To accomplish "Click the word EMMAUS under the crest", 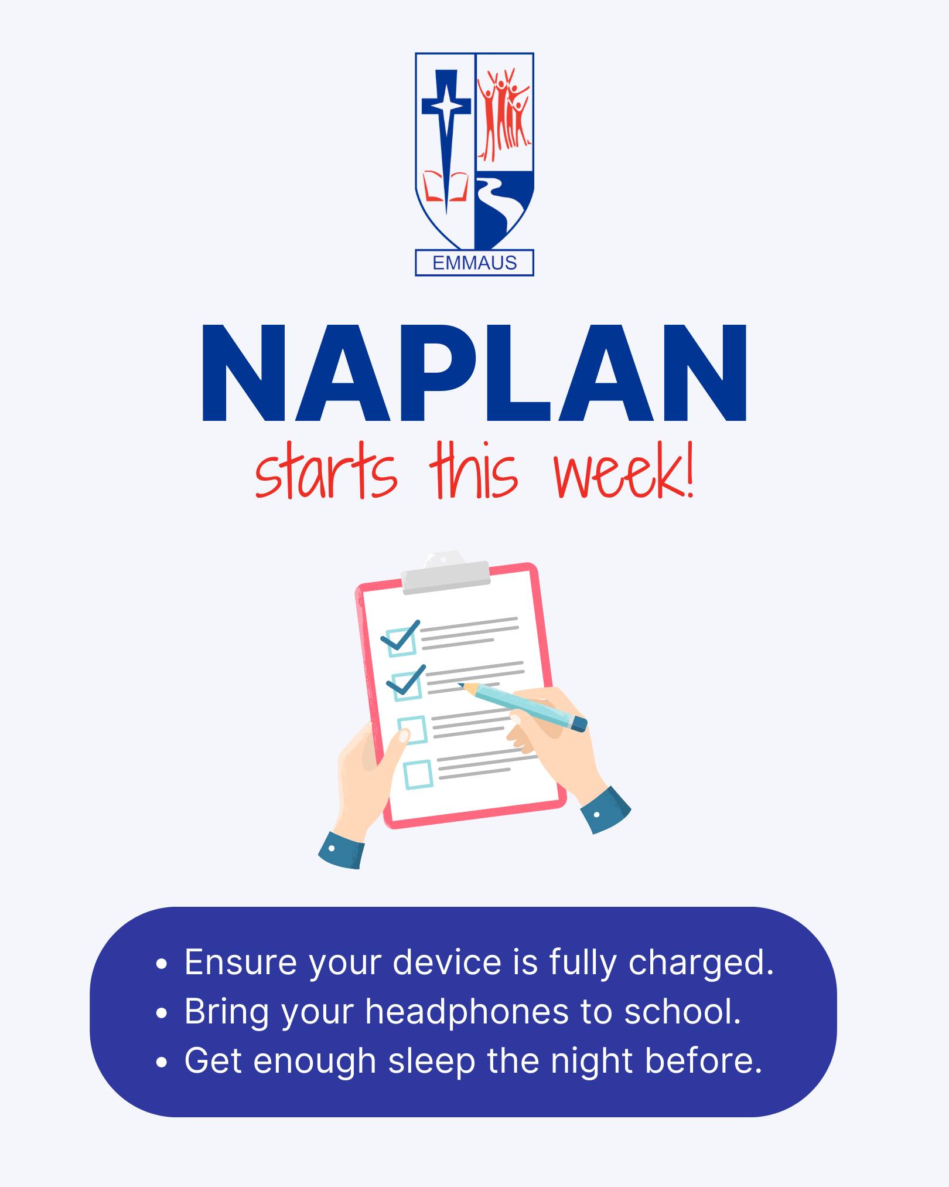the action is pos(474,263).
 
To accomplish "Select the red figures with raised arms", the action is pos(504,114).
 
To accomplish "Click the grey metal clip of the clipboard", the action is pos(445,573).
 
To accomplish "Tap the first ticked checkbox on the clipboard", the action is pos(401,640).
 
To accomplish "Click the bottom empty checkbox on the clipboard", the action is pos(418,774).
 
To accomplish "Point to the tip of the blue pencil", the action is pos(459,683).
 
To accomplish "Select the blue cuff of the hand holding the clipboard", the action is pos(342,850).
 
